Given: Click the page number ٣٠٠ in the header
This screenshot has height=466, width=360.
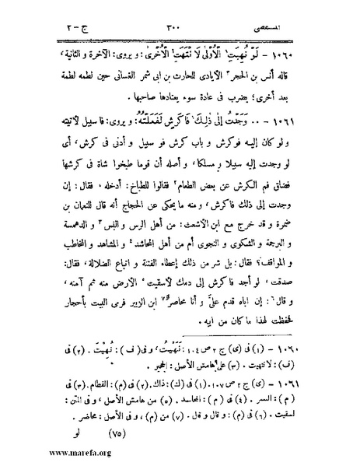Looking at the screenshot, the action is pos(173,30).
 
